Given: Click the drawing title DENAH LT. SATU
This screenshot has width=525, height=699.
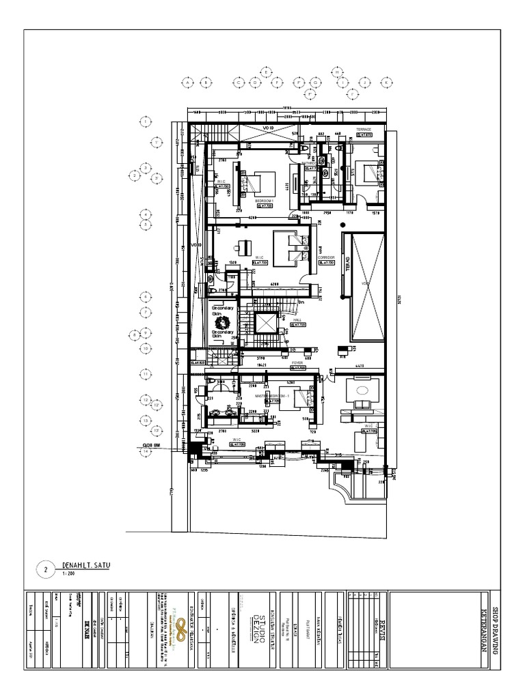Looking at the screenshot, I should (x=85, y=565).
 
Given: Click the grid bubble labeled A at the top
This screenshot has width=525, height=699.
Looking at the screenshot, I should (x=186, y=82).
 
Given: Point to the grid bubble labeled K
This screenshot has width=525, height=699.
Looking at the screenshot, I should (x=386, y=82).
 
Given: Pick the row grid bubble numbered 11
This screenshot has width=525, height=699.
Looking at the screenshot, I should (x=146, y=374).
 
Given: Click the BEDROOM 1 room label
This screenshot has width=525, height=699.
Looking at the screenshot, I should (x=264, y=201).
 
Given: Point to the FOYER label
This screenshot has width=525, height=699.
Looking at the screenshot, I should (x=297, y=362).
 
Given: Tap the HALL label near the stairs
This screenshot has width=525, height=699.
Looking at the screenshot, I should (x=297, y=319).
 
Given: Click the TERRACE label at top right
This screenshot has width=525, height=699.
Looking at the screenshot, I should (x=362, y=129).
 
